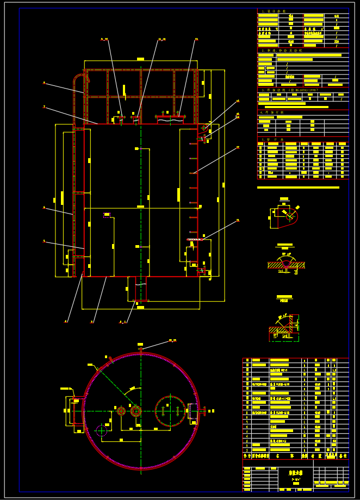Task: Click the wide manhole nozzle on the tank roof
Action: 170,116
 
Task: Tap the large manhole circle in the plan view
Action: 170,410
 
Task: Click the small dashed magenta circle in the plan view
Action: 102,430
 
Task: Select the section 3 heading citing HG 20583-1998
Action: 288,90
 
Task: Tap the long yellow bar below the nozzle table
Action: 298,187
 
